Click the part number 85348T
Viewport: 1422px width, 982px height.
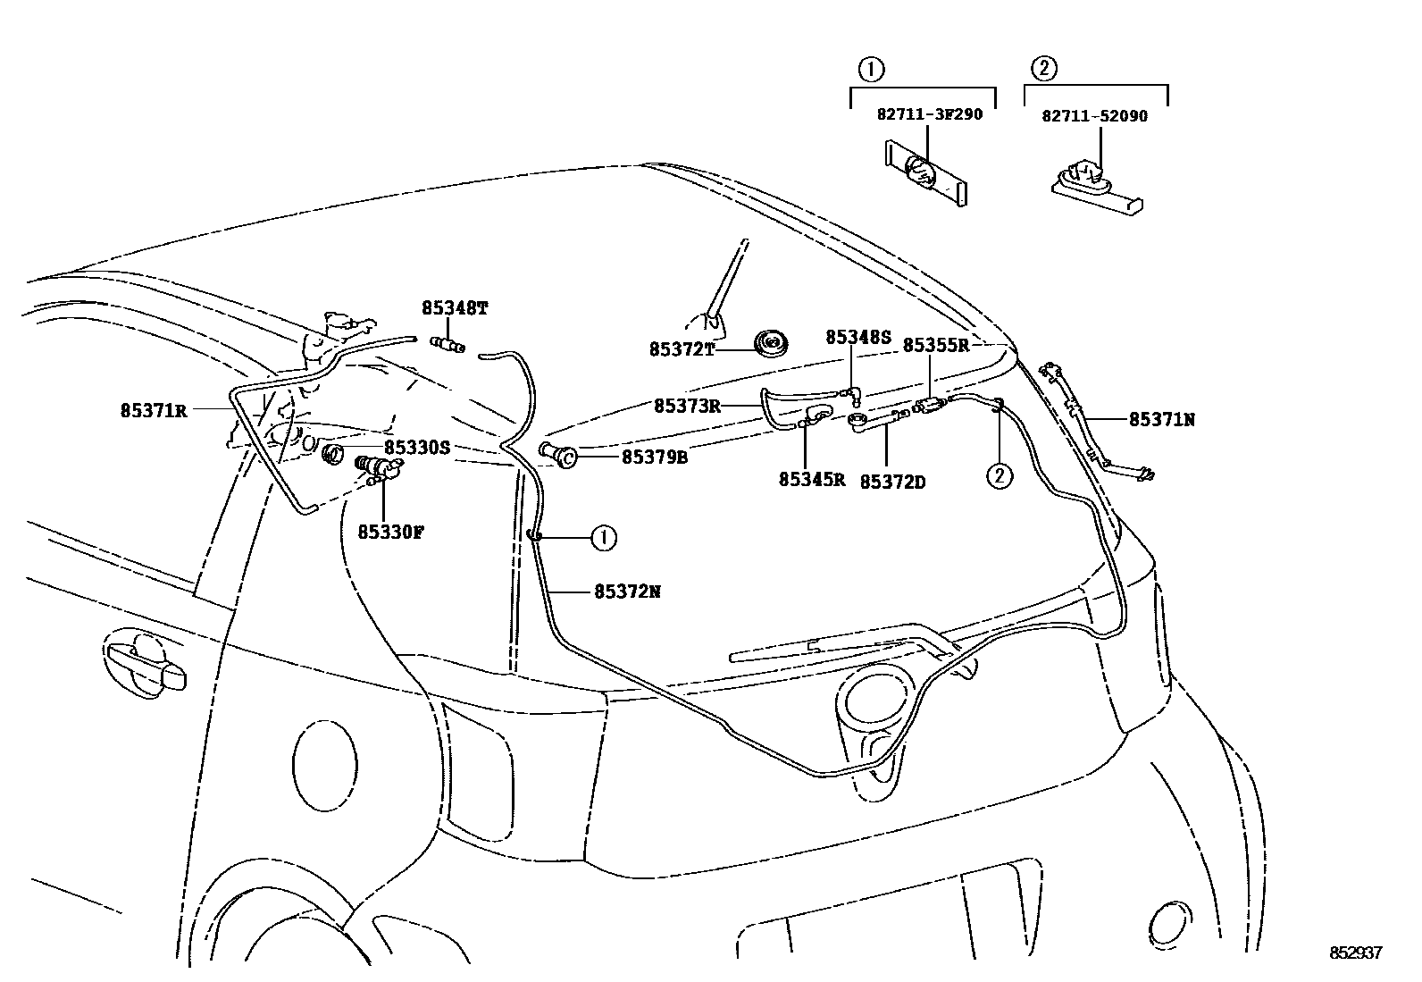click(455, 309)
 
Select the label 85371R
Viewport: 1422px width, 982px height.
click(154, 411)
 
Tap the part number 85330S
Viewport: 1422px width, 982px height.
click(417, 448)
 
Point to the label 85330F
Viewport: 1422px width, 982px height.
click(390, 533)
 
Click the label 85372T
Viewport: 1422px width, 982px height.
click(682, 349)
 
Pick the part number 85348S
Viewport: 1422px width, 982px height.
click(858, 337)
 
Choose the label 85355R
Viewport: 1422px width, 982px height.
click(935, 345)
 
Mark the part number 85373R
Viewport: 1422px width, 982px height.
click(687, 406)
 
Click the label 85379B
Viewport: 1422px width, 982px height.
click(655, 457)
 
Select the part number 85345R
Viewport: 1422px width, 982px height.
click(811, 480)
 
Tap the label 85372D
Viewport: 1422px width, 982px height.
click(892, 483)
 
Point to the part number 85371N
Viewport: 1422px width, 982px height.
click(1161, 419)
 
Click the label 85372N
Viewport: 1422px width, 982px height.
click(627, 592)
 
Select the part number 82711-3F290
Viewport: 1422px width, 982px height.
click(929, 115)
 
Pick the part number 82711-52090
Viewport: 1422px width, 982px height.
click(1094, 116)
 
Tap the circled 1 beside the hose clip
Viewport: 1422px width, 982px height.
click(604, 537)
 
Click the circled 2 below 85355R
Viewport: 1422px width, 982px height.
click(999, 476)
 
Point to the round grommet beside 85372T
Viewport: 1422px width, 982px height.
click(769, 342)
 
